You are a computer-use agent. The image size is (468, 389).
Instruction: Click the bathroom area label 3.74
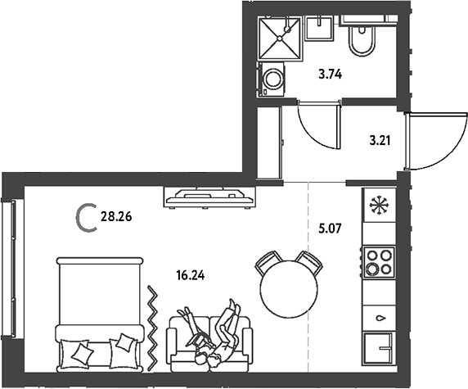pos(330,74)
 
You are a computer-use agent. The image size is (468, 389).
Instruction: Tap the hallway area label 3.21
pos(380,140)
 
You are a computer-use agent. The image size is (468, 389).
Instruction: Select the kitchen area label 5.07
pos(330,229)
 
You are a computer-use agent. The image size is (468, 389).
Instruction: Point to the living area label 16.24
pos(191,275)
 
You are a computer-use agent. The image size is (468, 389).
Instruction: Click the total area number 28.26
pos(116,216)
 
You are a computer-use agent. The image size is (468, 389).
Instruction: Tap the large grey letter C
pos(86,218)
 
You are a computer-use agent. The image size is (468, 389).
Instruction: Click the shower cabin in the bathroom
pos(279,38)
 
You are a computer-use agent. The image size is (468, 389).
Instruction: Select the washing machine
pos(271,79)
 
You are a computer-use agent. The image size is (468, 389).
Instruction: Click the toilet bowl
pos(362,40)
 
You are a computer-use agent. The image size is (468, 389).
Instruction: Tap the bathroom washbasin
pos(319,29)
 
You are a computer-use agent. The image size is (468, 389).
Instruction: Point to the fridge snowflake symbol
pos(378,205)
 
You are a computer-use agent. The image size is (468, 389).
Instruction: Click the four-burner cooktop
pos(379,262)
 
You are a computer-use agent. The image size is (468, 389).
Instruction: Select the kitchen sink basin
pos(378,348)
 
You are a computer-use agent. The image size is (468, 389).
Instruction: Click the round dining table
pos(289,289)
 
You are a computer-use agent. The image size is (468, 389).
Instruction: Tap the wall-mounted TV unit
pos(209,197)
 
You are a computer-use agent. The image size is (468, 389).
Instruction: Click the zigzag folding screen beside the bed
pos(153,328)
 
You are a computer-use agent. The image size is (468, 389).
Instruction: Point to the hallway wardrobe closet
pos(269,142)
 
